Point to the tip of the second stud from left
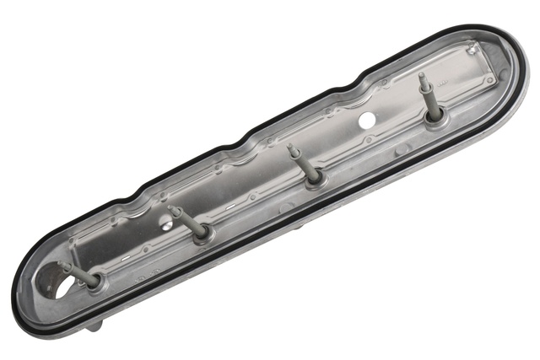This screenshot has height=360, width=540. pyautogui.click(x=171, y=208)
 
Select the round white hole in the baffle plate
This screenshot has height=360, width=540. pyautogui.click(x=366, y=121)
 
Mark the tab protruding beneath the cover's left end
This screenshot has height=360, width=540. pyautogui.click(x=94, y=324)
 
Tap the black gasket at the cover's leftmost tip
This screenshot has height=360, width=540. pyautogui.click(x=15, y=304)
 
